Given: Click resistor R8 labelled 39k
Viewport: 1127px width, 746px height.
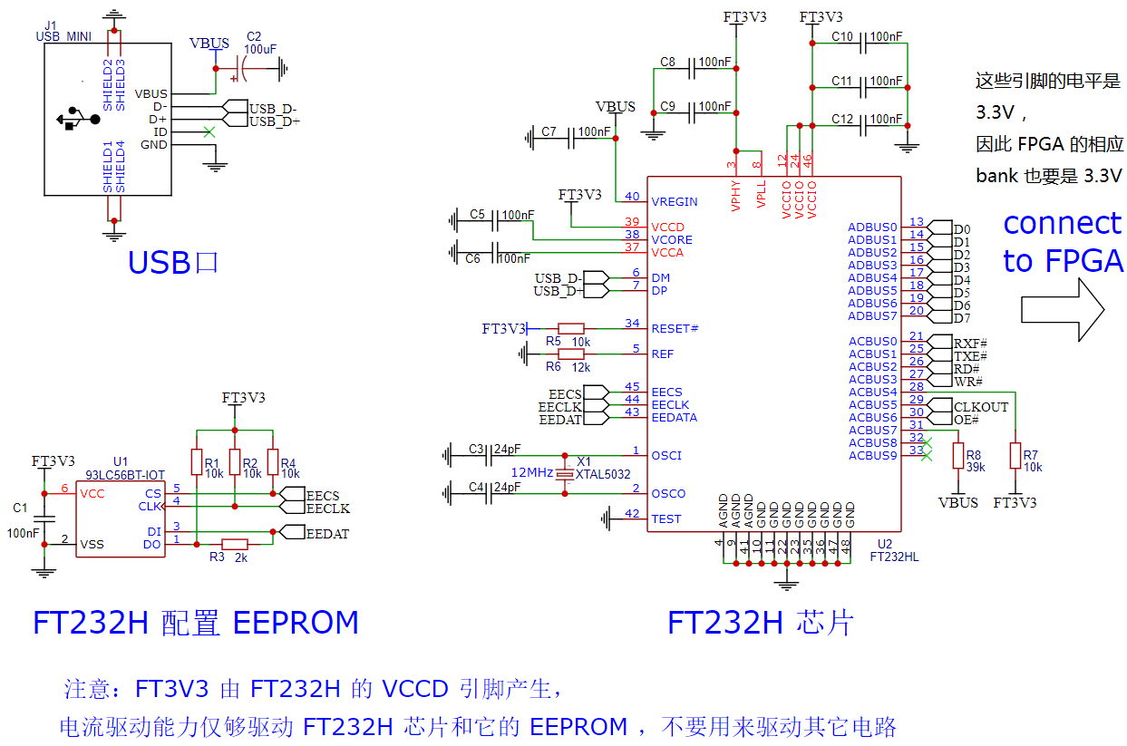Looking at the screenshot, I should tap(957, 456).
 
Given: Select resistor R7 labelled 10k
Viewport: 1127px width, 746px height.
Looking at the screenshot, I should tap(1015, 456).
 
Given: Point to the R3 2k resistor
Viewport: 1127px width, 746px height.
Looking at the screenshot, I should tap(235, 544).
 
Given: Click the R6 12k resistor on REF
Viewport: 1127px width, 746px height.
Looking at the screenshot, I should tap(570, 354).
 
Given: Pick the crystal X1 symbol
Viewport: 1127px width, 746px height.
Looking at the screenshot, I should tap(565, 474).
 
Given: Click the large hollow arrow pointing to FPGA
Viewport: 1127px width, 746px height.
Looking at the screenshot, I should tap(1063, 309).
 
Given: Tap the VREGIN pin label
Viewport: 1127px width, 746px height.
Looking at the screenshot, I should tap(675, 201).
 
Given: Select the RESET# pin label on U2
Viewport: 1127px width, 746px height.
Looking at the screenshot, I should tap(675, 328).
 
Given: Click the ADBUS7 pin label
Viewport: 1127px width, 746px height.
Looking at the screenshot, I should tap(872, 316).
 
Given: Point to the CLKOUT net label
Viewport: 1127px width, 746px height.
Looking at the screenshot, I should tap(981, 407).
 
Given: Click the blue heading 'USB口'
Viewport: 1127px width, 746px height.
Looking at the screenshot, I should tap(173, 262).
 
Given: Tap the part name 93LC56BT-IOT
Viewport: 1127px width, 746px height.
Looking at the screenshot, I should tap(125, 474).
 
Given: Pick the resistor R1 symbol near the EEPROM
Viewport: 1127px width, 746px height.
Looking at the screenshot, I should tap(196, 462).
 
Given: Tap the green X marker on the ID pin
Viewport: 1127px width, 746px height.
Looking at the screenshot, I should tap(210, 132).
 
